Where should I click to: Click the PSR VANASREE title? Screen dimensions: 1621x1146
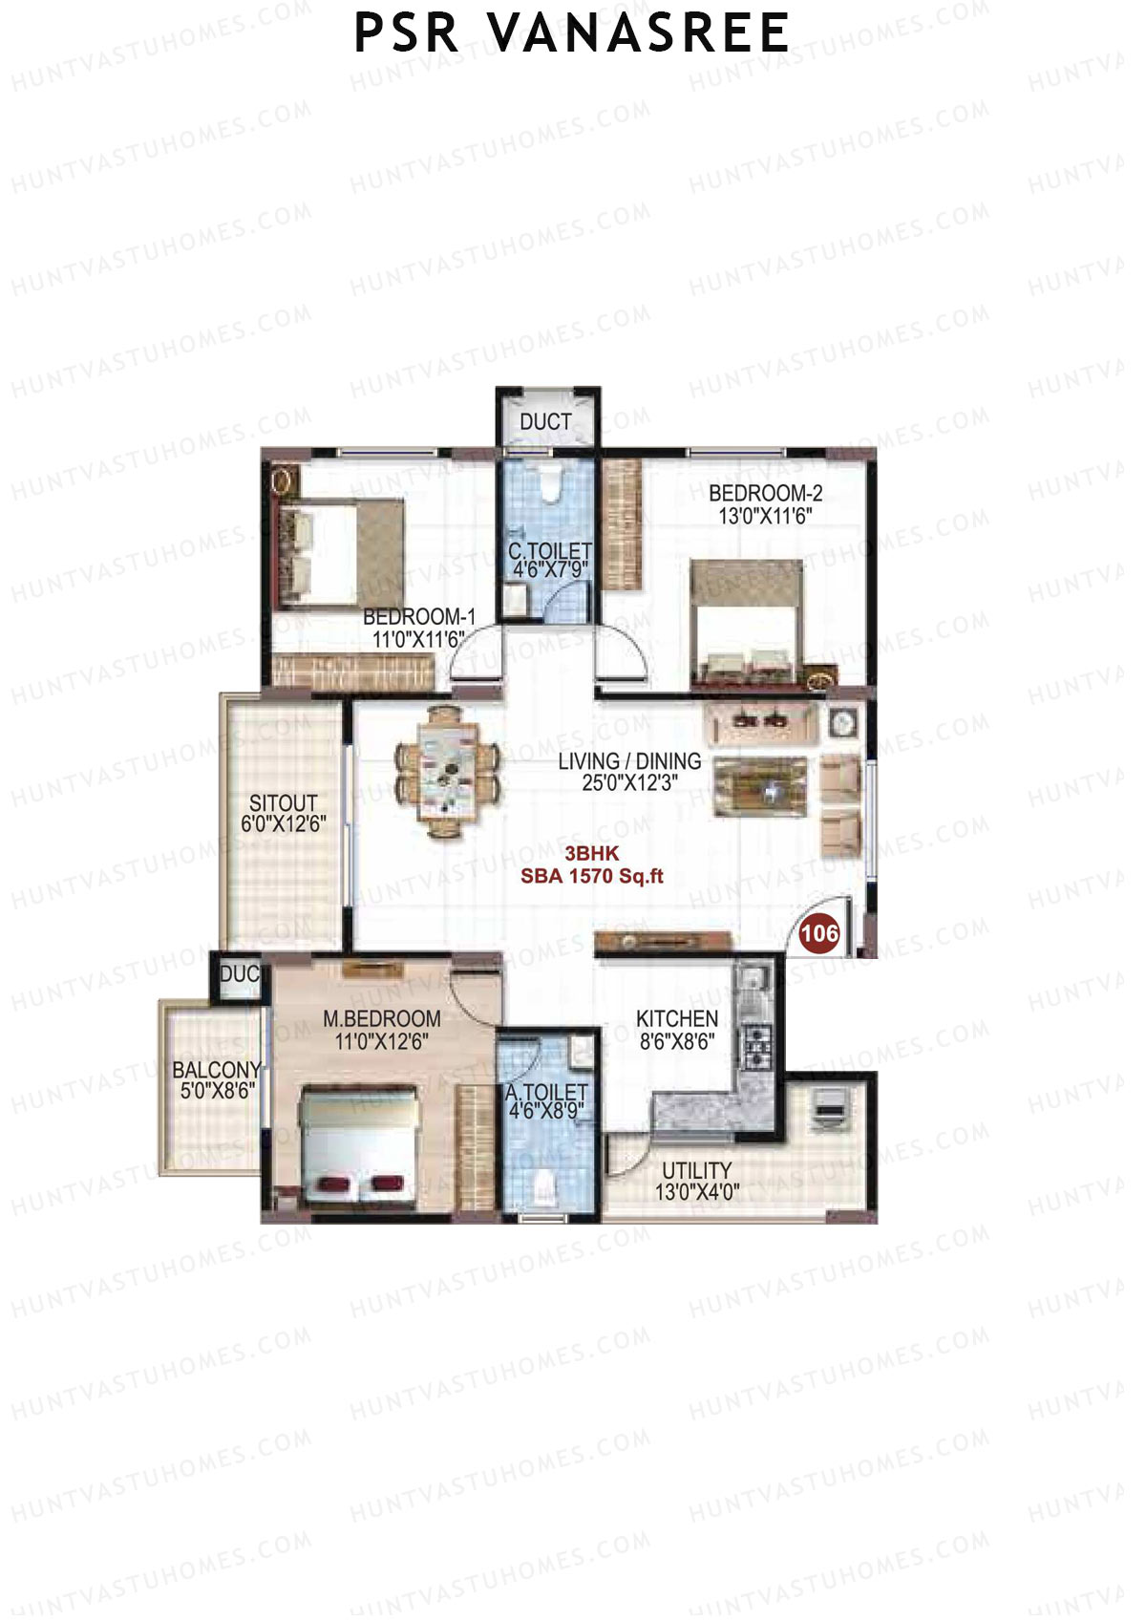[571, 33]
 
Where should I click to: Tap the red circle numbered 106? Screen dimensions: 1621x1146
[818, 932]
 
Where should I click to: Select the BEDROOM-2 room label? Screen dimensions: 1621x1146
[765, 493]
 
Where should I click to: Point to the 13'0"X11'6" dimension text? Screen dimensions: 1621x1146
[765, 517]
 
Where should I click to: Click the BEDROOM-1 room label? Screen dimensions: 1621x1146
[418, 617]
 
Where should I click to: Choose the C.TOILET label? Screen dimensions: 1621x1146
[549, 551]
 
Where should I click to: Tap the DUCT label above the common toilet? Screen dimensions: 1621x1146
[545, 421]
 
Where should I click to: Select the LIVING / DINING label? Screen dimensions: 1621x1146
[629, 761]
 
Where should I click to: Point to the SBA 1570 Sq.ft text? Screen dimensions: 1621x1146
[591, 876]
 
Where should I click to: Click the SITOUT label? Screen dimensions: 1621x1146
[283, 802]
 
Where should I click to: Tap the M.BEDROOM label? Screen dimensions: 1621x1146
[381, 1018]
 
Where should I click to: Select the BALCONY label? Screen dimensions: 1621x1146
[217, 1070]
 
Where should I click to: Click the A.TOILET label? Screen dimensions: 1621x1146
[547, 1092]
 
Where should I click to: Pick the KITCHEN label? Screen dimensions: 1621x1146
[677, 1018]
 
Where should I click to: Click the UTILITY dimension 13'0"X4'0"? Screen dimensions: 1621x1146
[696, 1192]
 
